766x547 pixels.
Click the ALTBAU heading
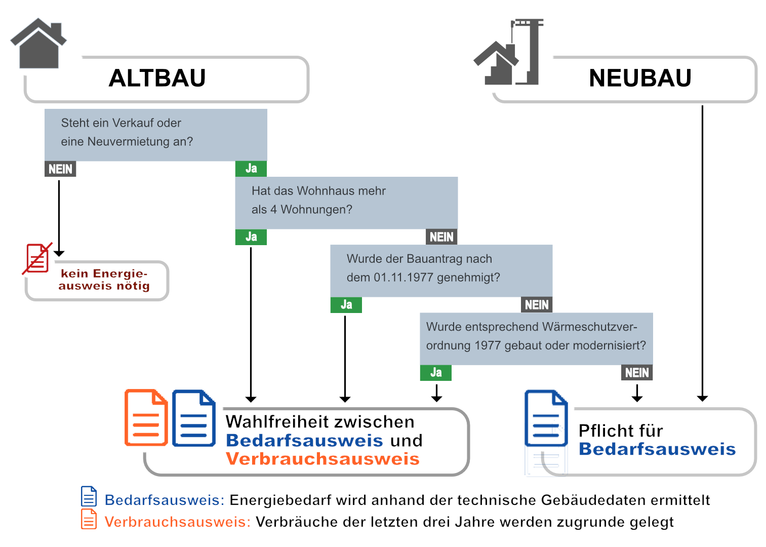pyautogui.click(x=157, y=79)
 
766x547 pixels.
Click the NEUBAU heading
pyautogui.click(x=640, y=79)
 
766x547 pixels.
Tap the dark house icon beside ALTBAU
pyautogui.click(x=39, y=44)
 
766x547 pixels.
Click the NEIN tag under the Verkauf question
pyautogui.click(x=60, y=169)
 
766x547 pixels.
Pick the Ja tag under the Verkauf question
pyautogui.click(x=251, y=169)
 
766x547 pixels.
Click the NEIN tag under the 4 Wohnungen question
pyautogui.click(x=441, y=237)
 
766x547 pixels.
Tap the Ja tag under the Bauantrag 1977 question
pyautogui.click(x=346, y=305)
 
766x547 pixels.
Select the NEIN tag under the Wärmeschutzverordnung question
pyautogui.click(x=636, y=373)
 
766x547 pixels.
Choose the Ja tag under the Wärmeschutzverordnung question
pyautogui.click(x=436, y=373)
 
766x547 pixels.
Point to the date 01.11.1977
pyautogui.click(x=403, y=278)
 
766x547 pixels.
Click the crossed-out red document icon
pyautogui.click(x=37, y=258)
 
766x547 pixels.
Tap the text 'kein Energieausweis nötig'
pyautogui.click(x=104, y=280)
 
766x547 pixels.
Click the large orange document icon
pyautogui.click(x=146, y=418)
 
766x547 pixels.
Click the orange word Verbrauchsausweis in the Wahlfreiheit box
pyautogui.click(x=322, y=459)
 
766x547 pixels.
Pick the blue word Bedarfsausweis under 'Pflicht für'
pyautogui.click(x=657, y=449)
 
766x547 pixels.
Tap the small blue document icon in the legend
pyautogui.click(x=89, y=497)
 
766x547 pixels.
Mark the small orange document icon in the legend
pyautogui.click(x=89, y=519)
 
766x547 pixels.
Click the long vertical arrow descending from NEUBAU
pyautogui.click(x=702, y=253)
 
